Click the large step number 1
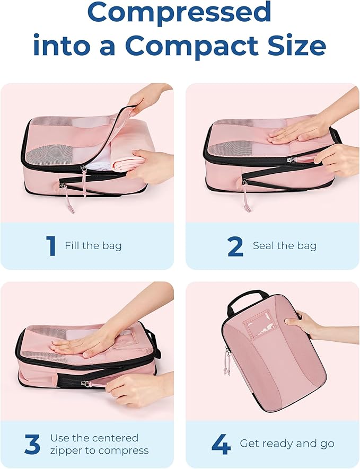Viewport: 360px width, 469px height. point(51,246)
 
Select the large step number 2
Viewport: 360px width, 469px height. point(235,246)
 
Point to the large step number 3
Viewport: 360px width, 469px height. point(32,444)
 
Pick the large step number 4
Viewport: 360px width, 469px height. point(220,444)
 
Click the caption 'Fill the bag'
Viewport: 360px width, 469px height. point(93,246)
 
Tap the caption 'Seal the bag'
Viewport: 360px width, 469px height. point(284,246)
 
